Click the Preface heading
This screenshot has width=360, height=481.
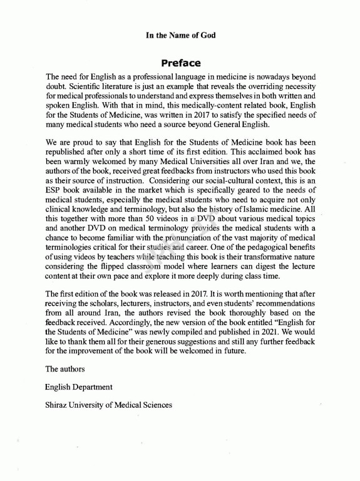pos(180,63)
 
